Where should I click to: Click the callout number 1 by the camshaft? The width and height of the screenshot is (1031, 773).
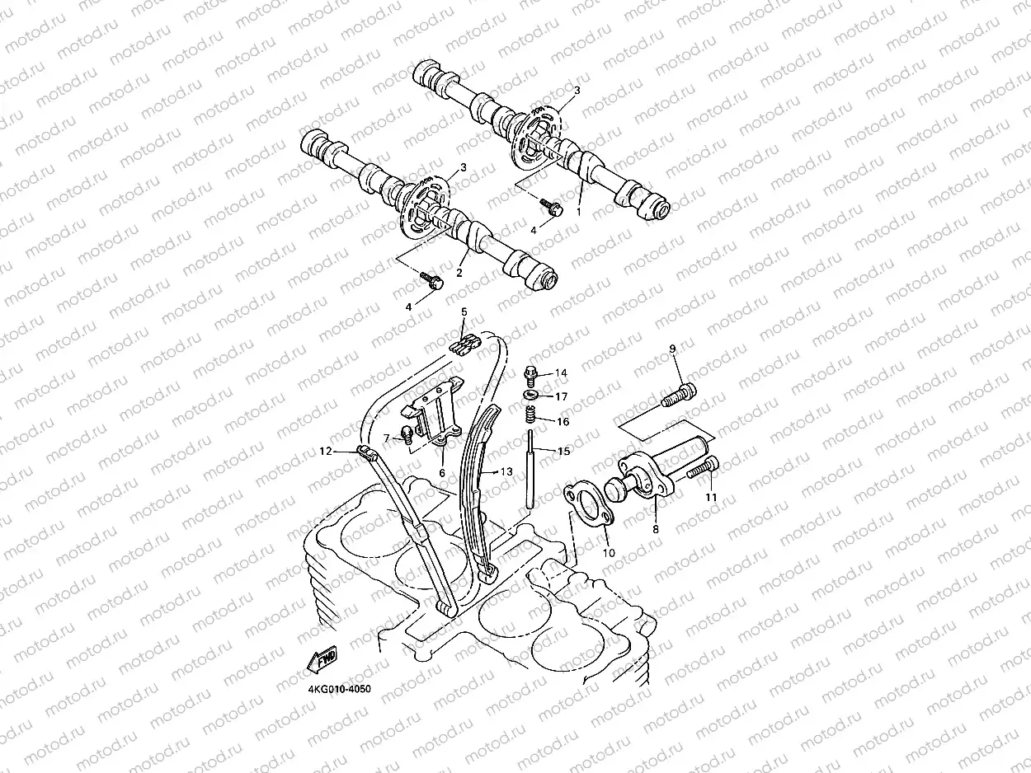point(579,211)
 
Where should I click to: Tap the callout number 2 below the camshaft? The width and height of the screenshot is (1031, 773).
point(459,273)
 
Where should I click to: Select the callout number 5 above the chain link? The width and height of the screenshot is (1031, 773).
point(464,312)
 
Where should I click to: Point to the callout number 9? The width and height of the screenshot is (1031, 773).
point(672,349)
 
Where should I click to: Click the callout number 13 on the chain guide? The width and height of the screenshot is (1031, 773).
point(506,471)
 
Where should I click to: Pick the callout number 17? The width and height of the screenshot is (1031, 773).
point(562,396)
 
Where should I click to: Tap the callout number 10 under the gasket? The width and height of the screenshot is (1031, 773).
point(609,552)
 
